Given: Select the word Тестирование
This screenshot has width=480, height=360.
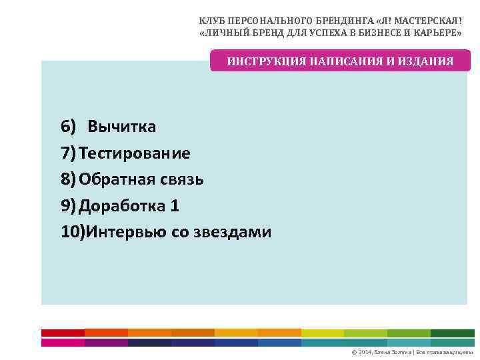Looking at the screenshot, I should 135,153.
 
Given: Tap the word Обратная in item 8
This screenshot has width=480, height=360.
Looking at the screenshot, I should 117,179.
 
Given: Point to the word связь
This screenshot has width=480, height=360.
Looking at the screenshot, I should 181,179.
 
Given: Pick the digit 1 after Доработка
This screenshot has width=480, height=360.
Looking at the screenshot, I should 175,206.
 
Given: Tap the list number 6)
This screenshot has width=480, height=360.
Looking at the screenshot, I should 69,127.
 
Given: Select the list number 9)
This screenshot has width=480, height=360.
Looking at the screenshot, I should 69,206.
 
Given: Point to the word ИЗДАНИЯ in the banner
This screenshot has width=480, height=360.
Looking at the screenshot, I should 427,61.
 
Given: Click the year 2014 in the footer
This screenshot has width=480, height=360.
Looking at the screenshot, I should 367,351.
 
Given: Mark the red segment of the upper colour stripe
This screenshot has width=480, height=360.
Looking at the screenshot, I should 63,332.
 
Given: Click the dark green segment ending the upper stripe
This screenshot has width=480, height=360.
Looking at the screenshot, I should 452,332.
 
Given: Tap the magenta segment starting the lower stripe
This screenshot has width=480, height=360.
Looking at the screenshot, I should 63,342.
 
